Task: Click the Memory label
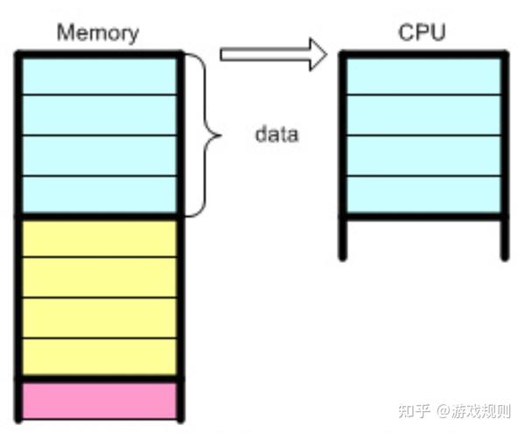(97, 33)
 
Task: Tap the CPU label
(422, 33)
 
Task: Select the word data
(276, 135)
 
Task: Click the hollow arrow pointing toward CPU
(272, 55)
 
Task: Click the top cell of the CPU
(422, 75)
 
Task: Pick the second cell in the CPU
(422, 115)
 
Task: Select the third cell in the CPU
(422, 156)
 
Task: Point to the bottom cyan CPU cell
(422, 194)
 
